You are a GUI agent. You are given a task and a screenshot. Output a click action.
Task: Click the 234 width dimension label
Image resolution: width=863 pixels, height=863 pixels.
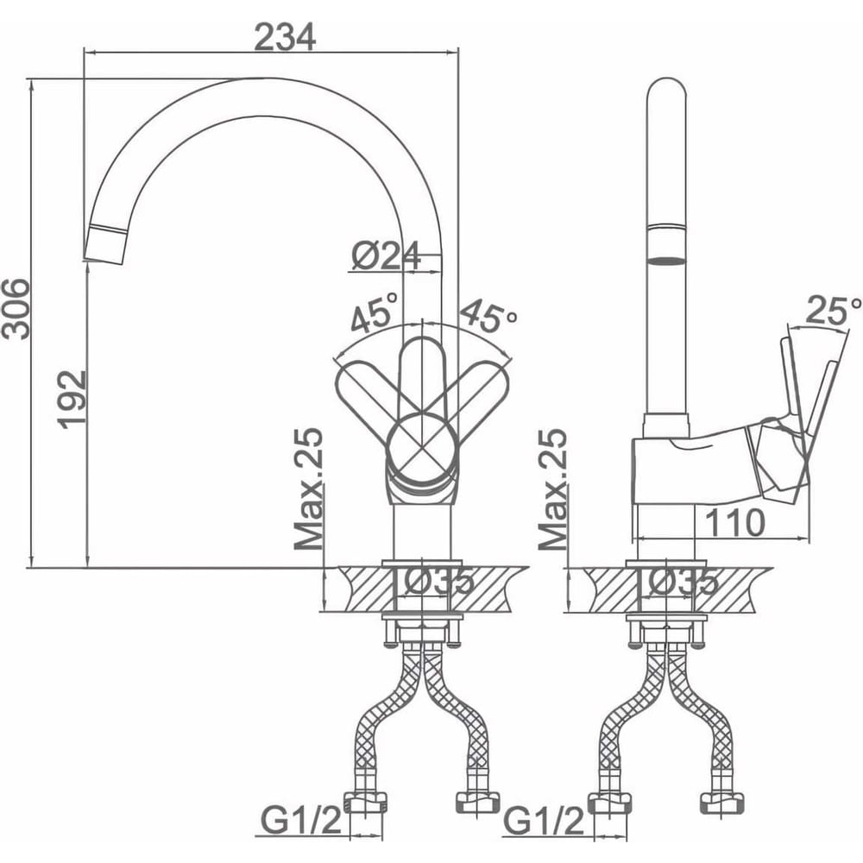285,37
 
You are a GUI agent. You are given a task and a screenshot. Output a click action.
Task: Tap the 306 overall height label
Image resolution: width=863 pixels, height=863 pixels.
15,309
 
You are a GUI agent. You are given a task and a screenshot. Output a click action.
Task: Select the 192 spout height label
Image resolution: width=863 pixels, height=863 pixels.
72,399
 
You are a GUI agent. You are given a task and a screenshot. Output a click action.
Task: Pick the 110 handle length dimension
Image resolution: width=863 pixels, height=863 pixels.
734,522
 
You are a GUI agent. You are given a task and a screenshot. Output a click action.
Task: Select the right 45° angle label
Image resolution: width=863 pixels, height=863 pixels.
488,316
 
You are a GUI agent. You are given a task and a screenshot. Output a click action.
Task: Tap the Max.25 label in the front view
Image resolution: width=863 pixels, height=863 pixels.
308,489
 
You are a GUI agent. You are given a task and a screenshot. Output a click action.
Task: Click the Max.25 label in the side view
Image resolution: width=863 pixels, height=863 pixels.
552,489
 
